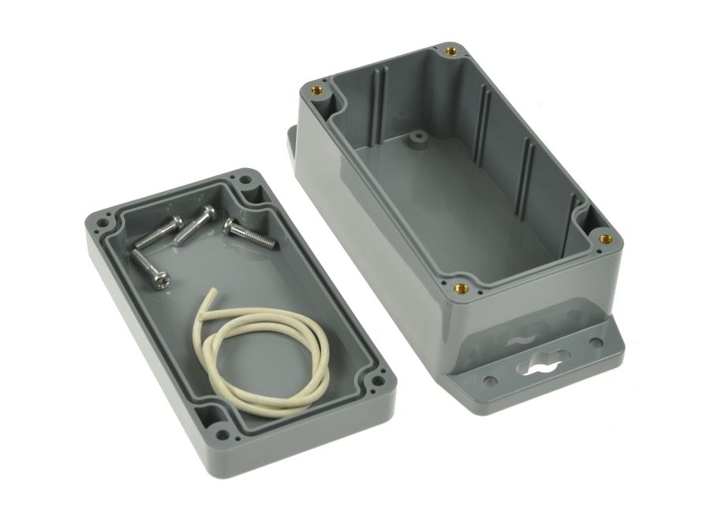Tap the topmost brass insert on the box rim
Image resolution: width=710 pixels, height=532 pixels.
450,51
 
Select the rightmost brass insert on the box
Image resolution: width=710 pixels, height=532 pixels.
605,238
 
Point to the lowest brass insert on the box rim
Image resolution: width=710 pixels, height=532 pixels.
462,288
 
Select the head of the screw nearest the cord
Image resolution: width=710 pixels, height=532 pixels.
161,279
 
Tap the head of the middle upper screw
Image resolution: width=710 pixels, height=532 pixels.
208,213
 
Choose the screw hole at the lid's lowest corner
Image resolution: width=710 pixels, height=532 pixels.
223,433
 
